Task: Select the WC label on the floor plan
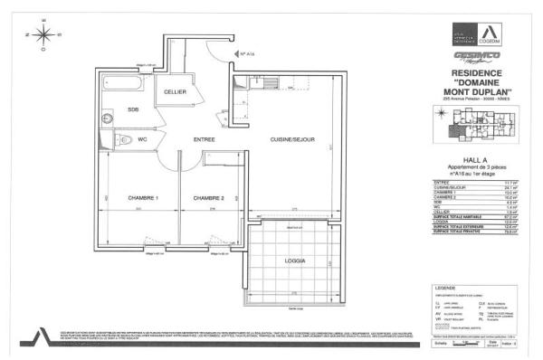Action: coord(142,139)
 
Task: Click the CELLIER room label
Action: coord(176,93)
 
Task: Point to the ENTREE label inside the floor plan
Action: coord(204,138)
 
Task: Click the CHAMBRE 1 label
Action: coord(143,198)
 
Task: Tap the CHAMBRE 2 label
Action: coord(208,198)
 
